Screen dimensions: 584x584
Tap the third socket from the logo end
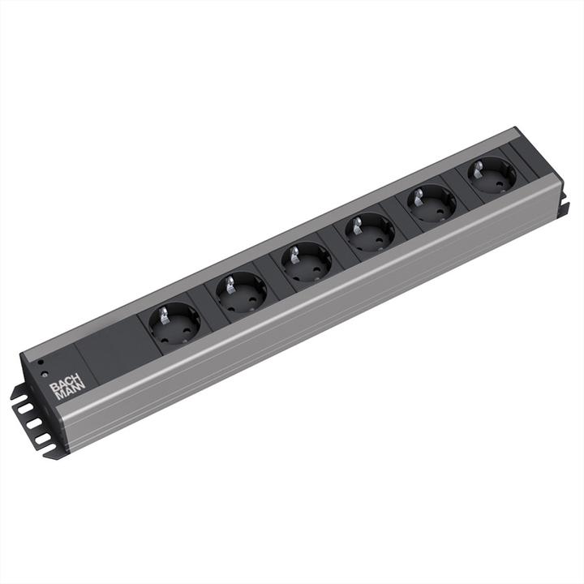306,261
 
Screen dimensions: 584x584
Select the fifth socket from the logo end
432,203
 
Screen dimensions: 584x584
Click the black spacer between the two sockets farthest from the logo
462,188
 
